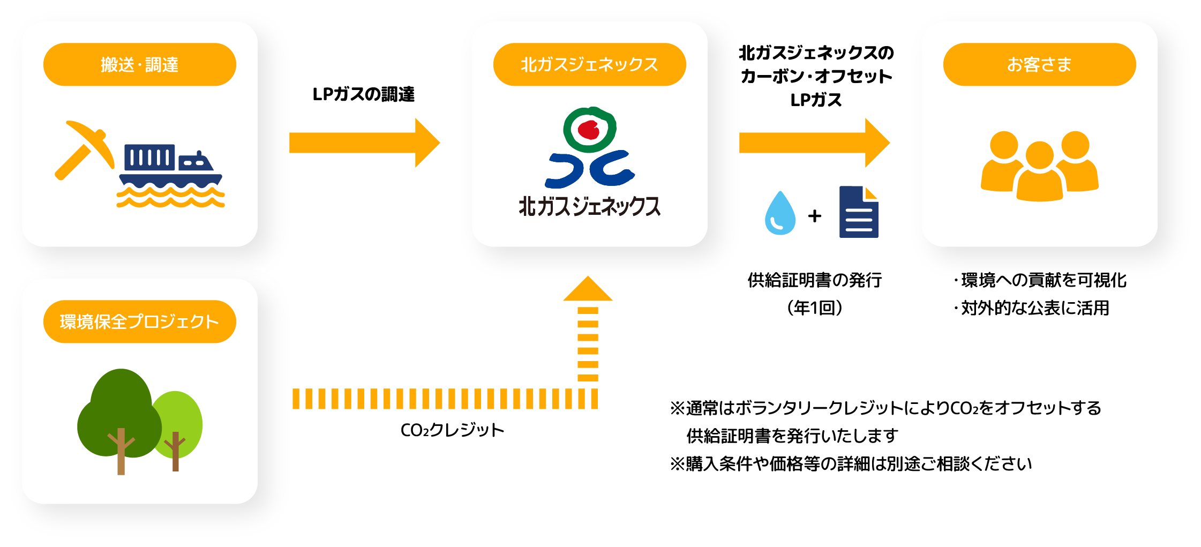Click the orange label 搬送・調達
(x=139, y=64)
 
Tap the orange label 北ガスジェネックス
(x=589, y=64)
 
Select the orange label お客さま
(x=1039, y=64)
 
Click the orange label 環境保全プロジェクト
(x=139, y=321)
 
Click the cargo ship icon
(x=170, y=174)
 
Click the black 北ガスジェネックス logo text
(x=589, y=206)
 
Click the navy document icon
(x=859, y=212)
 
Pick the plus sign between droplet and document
(x=815, y=216)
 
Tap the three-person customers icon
(x=1039, y=166)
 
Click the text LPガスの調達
(x=363, y=94)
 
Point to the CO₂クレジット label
(x=452, y=430)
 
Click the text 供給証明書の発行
(x=814, y=280)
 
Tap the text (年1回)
(x=814, y=308)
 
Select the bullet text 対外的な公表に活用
(x=1034, y=308)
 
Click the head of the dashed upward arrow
(x=588, y=289)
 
